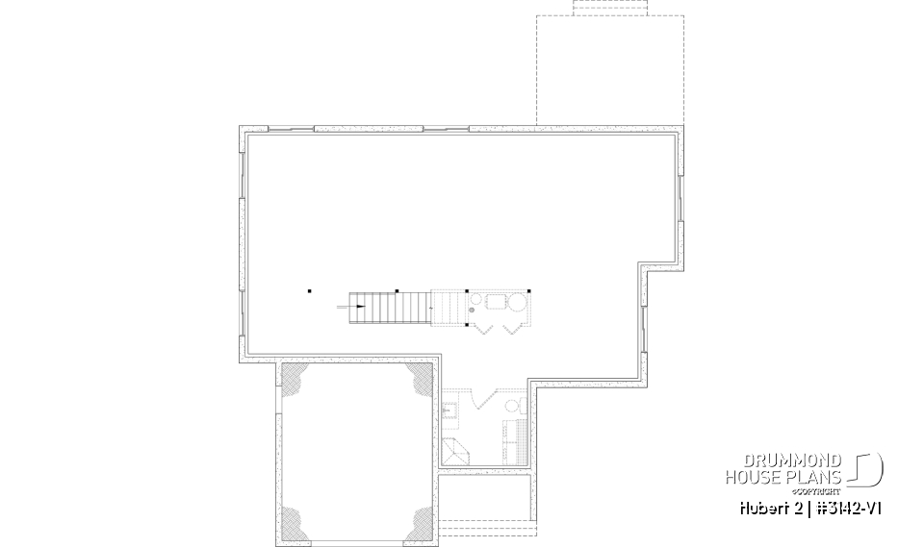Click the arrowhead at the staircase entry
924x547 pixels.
(361, 307)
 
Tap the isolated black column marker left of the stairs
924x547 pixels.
(310, 289)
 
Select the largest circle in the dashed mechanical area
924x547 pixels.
(517, 305)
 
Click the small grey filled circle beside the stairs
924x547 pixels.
(473, 310)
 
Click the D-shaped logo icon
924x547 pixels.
(869, 469)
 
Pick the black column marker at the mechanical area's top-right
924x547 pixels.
(527, 289)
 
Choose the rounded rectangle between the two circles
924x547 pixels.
(494, 302)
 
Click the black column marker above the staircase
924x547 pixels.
(397, 289)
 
